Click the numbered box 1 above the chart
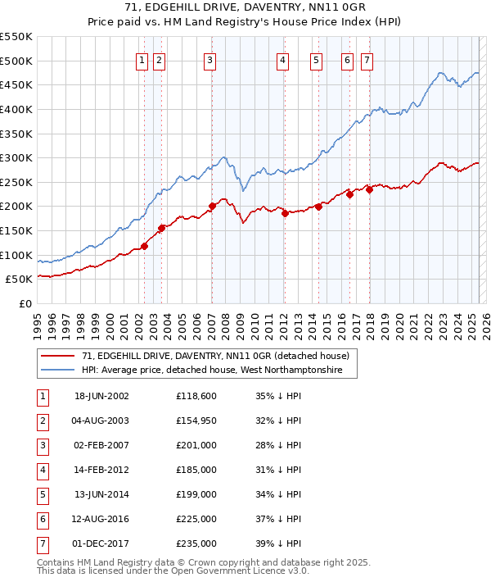pos(142,60)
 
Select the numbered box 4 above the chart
pos(282,60)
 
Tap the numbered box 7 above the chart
pos(366,60)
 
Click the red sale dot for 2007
pos(212,206)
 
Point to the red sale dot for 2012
pos(285,213)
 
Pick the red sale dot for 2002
pos(144,246)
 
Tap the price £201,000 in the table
pos(196,445)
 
